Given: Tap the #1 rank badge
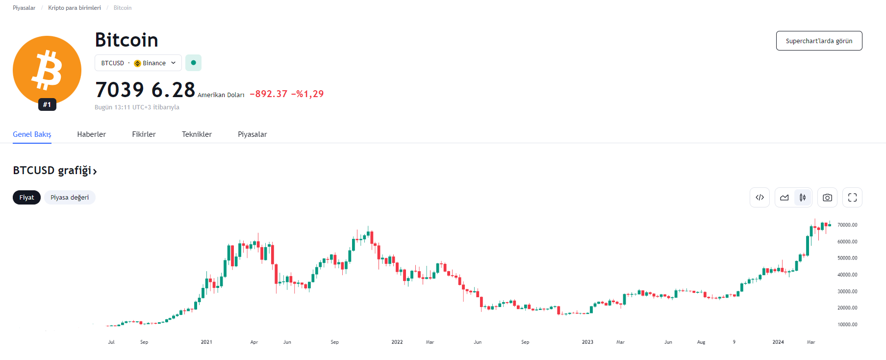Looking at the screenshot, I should (47, 104).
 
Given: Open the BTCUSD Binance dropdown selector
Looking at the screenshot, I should (138, 63).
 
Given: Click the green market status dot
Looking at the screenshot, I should (193, 63).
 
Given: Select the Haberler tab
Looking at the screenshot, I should (91, 134).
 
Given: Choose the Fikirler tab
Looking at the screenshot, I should (144, 134).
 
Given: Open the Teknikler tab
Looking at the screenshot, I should (197, 134).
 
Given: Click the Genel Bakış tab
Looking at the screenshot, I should (32, 134).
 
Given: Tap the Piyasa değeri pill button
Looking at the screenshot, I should (70, 198).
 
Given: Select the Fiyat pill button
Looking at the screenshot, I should (26, 198).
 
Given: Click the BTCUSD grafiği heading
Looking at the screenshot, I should (54, 171).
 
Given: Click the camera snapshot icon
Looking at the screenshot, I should (827, 198).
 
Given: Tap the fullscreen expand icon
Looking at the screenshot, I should (852, 198).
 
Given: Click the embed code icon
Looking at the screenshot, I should (759, 198).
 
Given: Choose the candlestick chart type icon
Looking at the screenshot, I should (803, 198).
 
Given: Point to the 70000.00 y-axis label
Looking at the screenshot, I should (847, 225).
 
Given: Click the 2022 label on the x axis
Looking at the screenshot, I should (397, 342).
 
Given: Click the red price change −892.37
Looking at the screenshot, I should (269, 94).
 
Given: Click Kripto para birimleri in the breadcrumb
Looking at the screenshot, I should (75, 8).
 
